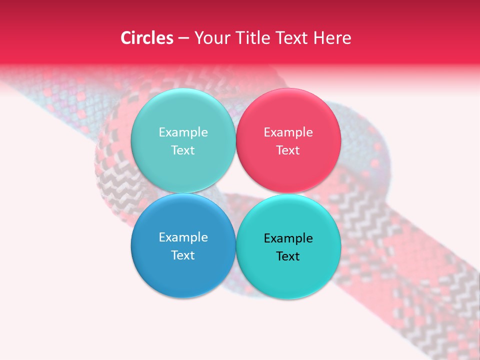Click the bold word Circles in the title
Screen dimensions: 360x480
[147, 38]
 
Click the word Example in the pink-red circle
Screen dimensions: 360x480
[288, 132]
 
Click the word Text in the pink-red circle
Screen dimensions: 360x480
[288, 150]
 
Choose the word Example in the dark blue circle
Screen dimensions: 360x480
[183, 237]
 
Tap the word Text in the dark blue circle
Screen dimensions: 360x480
[183, 255]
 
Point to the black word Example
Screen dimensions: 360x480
[288, 238]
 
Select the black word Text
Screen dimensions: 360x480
[288, 256]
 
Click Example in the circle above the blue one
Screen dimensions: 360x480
[183, 132]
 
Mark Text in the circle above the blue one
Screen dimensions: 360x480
[183, 150]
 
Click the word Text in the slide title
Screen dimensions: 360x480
[295, 38]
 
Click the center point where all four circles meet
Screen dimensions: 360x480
[235, 193]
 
